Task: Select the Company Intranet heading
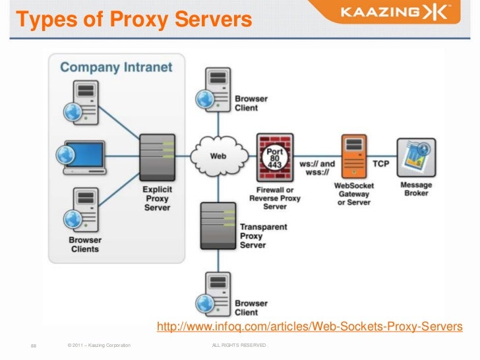click(116, 67)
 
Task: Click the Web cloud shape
click(219, 156)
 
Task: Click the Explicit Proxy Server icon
click(157, 156)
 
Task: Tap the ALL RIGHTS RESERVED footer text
click(238, 345)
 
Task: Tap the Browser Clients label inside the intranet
click(85, 245)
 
